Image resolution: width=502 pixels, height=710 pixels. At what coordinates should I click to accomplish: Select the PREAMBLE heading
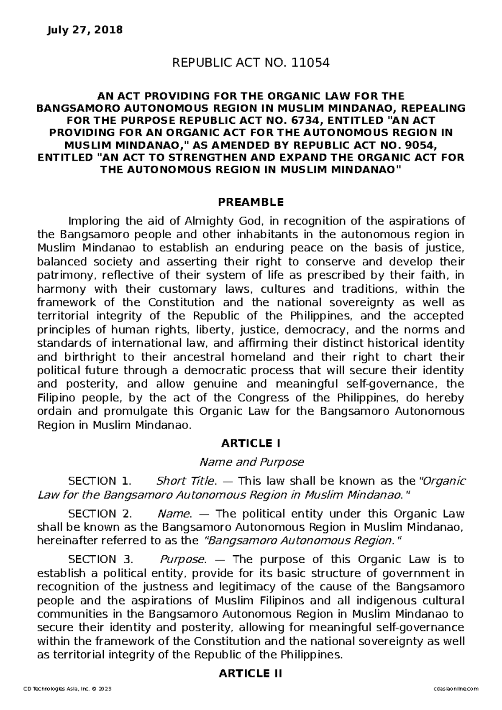click(x=251, y=202)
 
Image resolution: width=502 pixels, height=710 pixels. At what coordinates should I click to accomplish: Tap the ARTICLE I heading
click(x=251, y=443)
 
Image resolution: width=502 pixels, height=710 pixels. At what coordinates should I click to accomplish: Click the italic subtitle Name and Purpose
click(x=251, y=462)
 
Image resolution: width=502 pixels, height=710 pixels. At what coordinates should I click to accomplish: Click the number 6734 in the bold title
click(x=300, y=120)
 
